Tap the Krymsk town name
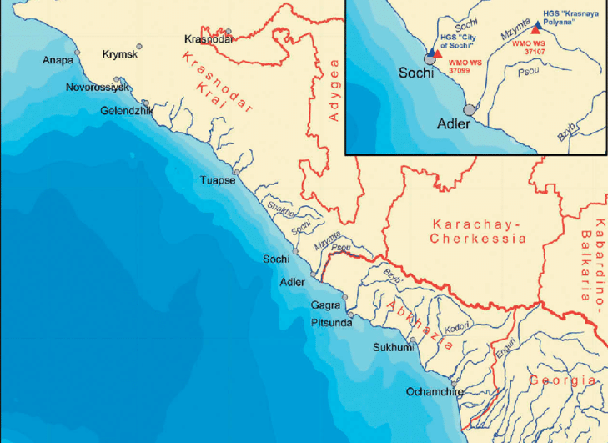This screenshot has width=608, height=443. [118, 55]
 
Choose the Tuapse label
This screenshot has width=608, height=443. [218, 180]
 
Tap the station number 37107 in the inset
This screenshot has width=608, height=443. [533, 52]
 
